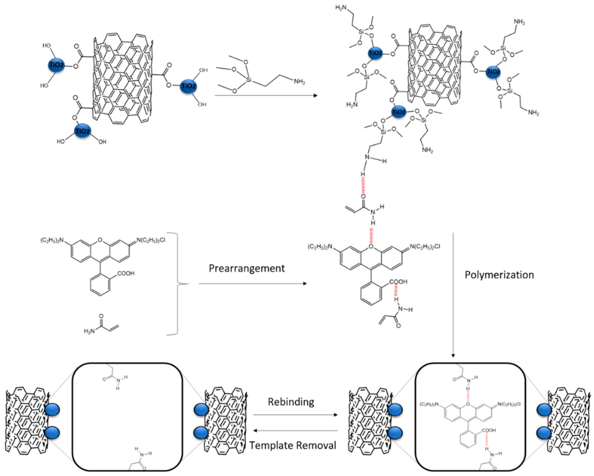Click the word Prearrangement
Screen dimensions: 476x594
coord(247,268)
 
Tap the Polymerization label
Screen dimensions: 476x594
coord(499,275)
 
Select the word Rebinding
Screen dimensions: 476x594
coord(291,402)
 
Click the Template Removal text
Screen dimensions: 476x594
coord(293,445)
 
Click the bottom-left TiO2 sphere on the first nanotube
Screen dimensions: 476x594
coord(83,131)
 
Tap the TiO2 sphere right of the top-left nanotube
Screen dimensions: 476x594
coord(189,86)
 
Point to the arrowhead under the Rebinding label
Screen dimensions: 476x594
coord(335,415)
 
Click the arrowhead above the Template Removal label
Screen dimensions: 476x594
coord(255,431)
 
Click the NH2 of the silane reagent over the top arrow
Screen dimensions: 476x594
coord(299,82)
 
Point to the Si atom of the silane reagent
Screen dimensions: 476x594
coord(249,80)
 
